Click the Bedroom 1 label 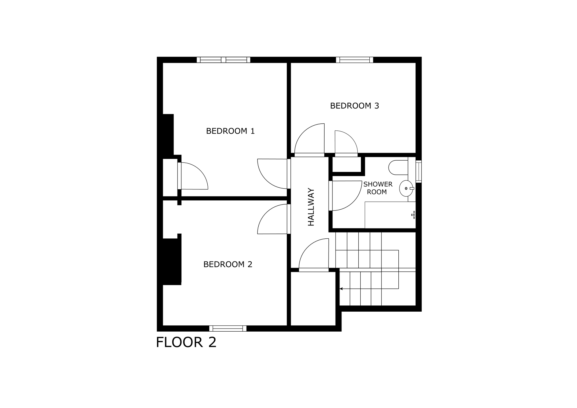point(230,131)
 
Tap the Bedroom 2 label point(228,264)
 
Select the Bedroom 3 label point(354,106)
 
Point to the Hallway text point(311,207)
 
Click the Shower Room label point(378,188)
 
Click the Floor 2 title point(186,342)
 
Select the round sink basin point(406,189)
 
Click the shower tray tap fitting point(413,215)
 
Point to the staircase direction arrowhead point(341,289)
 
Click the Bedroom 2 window point(228,328)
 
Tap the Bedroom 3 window point(354,60)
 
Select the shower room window point(419,172)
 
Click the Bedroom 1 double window point(223,60)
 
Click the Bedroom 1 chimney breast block point(168,134)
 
